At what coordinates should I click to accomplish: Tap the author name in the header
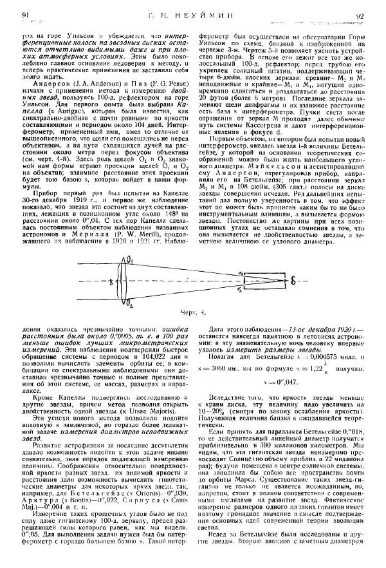(x=193, y=14)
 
